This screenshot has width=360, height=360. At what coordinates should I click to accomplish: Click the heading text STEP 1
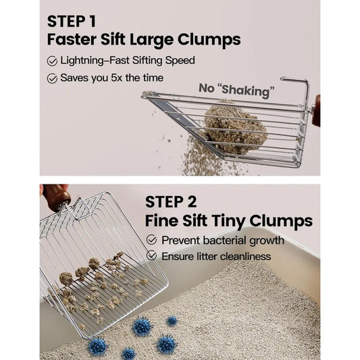pos(71,22)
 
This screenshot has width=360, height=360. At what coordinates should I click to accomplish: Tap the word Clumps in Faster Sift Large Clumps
pos(209,40)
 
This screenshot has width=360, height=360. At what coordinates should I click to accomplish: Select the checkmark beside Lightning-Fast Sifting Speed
pos(52,61)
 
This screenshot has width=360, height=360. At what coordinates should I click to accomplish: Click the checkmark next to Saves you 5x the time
pos(52,78)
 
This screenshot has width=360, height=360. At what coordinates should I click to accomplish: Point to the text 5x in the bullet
pos(117,78)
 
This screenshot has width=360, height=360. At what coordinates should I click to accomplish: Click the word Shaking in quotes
pos(246,91)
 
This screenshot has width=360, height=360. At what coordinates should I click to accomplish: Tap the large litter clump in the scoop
pos(234,127)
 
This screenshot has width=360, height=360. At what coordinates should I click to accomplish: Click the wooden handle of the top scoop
pos(316,111)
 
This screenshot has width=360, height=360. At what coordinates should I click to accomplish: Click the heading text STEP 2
pos(171,202)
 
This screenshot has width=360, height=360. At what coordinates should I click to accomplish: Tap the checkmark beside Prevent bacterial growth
pos(151,240)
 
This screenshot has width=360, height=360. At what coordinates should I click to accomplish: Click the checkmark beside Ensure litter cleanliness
pos(151,255)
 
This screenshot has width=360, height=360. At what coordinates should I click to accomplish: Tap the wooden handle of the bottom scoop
pos(55,197)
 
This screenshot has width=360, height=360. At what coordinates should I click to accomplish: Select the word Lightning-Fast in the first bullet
pos(95,61)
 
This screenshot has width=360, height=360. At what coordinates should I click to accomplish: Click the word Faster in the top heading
pos(72,39)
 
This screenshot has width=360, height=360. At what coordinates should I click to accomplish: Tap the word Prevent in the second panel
pos(181,240)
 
